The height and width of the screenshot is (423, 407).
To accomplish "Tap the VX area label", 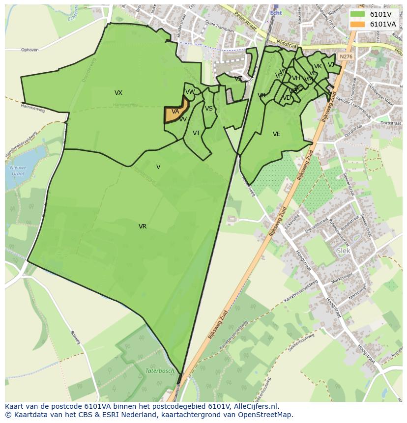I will [118, 93].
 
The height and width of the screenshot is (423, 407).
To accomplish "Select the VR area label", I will [143, 226].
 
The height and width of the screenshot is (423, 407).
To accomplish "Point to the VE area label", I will [277, 134].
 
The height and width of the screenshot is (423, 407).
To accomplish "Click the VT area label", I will [196, 133].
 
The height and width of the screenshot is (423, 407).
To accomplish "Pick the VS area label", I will [209, 109].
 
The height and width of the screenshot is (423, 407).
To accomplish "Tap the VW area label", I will [190, 92].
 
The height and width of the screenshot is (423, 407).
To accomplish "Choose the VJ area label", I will [331, 65].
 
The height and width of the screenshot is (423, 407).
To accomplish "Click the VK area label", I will [318, 66].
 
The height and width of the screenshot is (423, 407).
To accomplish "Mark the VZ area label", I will [238, 79].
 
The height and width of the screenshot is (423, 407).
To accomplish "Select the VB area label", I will [262, 95].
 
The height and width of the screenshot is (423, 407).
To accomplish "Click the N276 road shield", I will [346, 56].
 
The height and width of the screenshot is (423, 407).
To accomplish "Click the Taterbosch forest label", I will [160, 371].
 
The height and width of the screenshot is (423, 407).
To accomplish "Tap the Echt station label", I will [276, 13].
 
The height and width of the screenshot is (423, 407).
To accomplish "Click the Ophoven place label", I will [29, 50].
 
